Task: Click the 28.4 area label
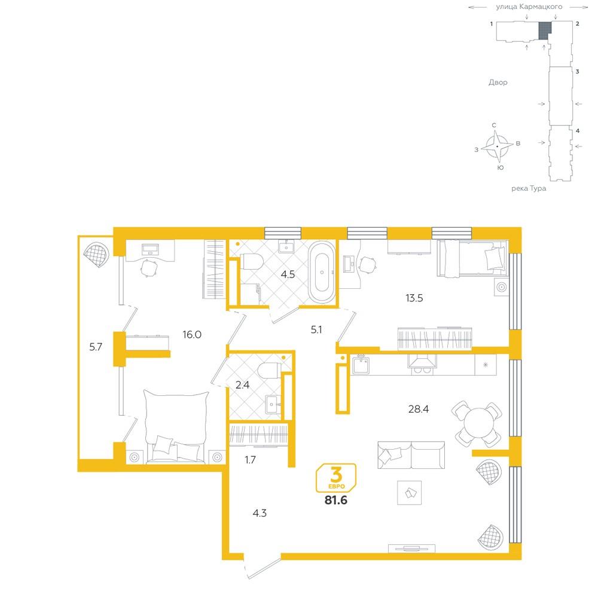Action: [419, 409]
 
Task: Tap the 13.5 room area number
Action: [414, 298]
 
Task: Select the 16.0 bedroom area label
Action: [192, 334]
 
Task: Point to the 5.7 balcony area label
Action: [96, 347]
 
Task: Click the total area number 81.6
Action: [336, 500]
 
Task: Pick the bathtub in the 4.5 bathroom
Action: [322, 272]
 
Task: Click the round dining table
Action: [477, 423]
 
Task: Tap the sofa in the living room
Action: [411, 455]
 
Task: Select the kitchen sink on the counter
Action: [361, 365]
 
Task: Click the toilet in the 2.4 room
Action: [269, 370]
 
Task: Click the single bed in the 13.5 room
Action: [472, 258]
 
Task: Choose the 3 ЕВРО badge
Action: [336, 478]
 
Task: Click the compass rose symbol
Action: [497, 147]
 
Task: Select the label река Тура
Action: [529, 188]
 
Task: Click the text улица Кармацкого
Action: [529, 7]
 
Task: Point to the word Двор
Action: [498, 83]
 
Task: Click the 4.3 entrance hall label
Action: [260, 513]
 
